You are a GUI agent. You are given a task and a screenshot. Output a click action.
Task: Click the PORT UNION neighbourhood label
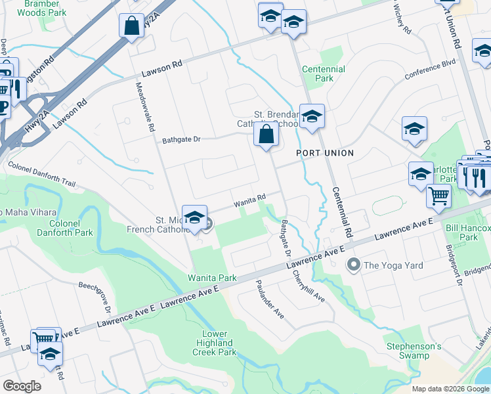325,153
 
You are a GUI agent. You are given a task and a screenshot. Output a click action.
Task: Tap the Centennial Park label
324,74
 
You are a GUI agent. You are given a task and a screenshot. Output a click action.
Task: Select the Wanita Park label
212,278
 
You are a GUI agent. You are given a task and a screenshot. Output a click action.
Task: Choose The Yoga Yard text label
393,265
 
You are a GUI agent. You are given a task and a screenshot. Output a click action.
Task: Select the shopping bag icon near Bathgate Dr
267,135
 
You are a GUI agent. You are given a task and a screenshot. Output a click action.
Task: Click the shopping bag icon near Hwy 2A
131,26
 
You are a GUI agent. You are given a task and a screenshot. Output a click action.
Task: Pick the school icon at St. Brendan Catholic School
312,116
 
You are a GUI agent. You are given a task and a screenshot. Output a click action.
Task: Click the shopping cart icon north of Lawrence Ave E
438,194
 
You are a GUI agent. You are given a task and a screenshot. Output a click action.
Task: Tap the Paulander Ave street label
270,300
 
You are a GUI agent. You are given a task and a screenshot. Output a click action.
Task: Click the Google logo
22,386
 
